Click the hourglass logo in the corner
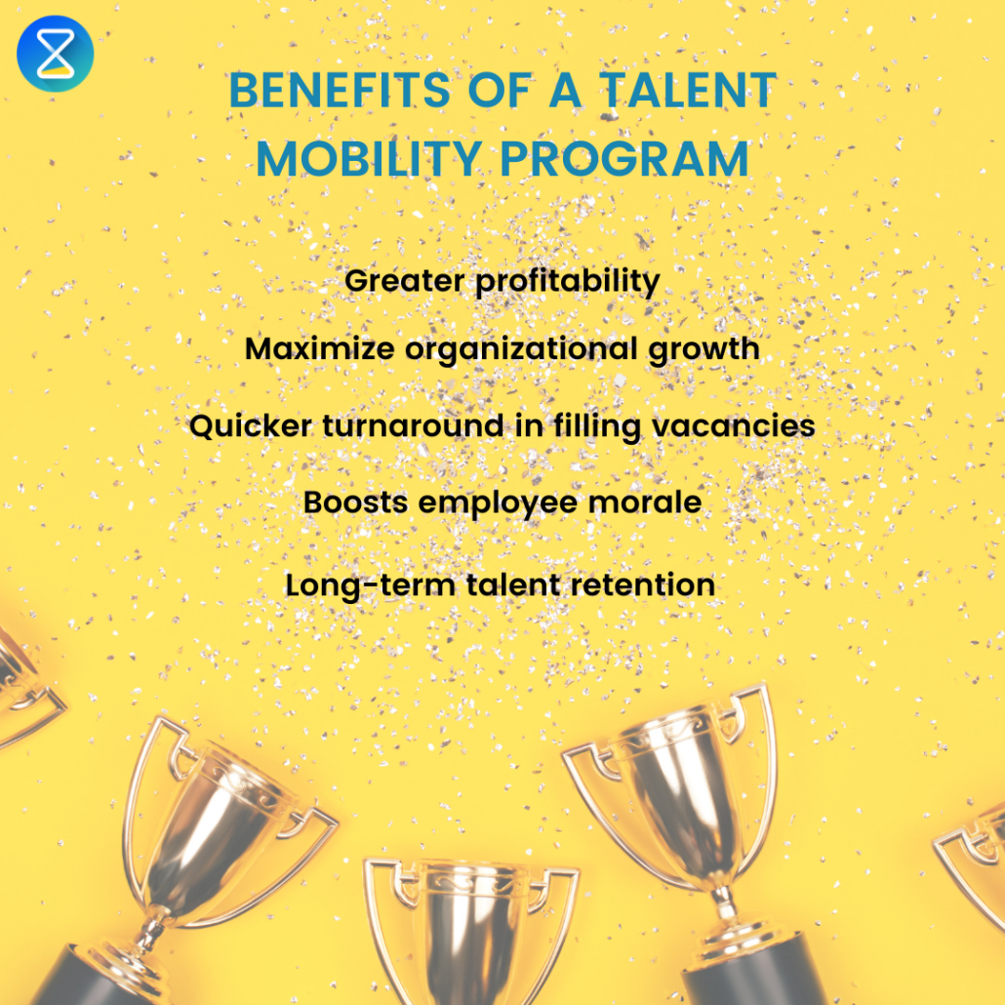click(55, 54)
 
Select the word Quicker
click(246, 426)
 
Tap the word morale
click(652, 502)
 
